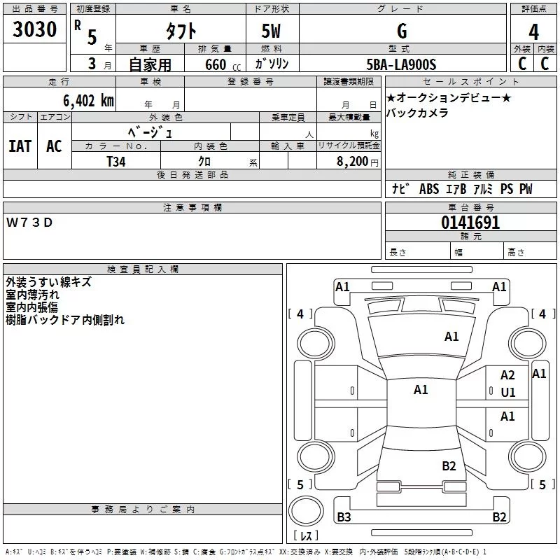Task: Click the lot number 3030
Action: [x=35, y=30]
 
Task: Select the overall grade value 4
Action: [x=534, y=31]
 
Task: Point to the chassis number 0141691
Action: [x=470, y=223]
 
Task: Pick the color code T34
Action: [x=116, y=161]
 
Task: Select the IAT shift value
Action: [x=20, y=146]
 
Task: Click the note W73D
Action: [x=29, y=222]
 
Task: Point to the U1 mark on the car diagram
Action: [x=508, y=393]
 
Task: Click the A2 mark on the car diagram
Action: [x=507, y=376]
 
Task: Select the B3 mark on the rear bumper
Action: [x=344, y=517]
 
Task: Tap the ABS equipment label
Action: [x=428, y=189]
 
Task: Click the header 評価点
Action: [x=534, y=9]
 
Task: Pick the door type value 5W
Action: [x=272, y=31]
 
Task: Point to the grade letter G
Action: [x=402, y=31]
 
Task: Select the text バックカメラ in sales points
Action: [x=417, y=113]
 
